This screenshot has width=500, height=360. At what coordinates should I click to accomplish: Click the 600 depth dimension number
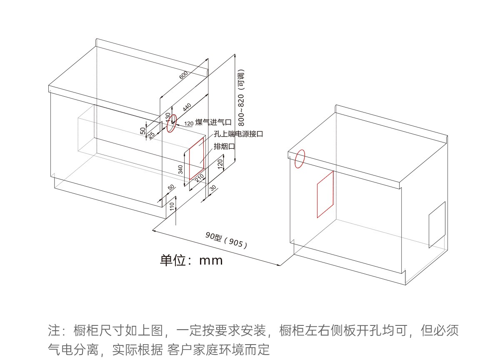[x=184, y=75]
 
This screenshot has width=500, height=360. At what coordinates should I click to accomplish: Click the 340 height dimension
[x=181, y=169]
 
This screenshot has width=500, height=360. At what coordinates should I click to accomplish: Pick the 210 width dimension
[x=200, y=178]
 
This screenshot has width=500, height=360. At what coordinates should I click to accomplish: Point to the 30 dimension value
[x=213, y=188]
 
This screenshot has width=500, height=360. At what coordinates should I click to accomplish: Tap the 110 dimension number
[x=172, y=205]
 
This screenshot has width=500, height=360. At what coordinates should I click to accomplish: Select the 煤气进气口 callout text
[x=213, y=122]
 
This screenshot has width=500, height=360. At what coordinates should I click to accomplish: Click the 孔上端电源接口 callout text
[x=238, y=134]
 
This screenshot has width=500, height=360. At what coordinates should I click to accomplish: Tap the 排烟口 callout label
[x=225, y=146]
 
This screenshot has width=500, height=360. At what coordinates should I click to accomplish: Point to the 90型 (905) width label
[x=226, y=240]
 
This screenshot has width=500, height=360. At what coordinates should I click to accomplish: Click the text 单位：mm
[x=191, y=261]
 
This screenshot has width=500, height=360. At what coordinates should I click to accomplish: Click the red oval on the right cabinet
[x=300, y=159]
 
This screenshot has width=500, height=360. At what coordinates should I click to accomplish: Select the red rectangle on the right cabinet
[x=325, y=194]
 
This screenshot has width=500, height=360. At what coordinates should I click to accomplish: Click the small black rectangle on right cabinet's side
[x=437, y=225]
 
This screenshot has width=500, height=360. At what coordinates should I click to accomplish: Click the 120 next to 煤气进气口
[x=189, y=123]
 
